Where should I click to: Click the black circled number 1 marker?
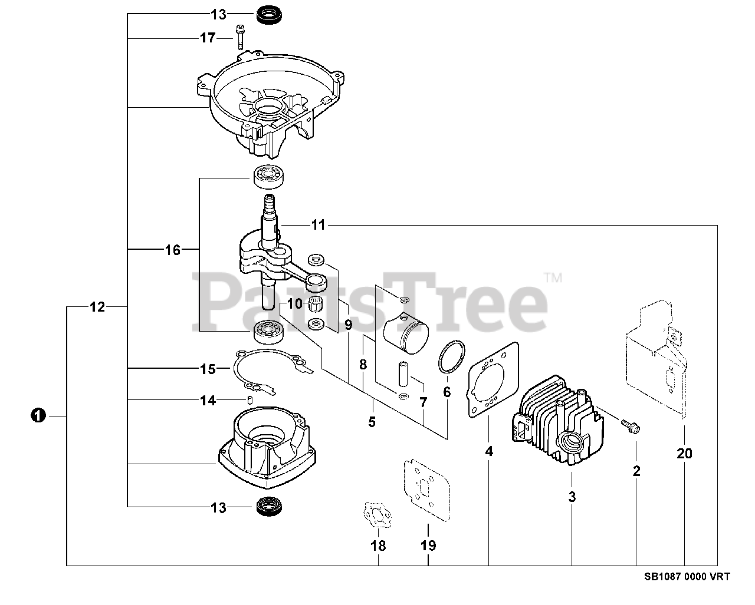coord(38,415)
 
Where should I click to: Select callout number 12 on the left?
coord(97,307)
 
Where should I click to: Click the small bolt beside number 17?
coord(240,37)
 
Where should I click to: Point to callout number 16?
coord(172,250)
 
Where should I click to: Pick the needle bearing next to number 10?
coord(317,305)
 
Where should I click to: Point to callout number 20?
coord(685,454)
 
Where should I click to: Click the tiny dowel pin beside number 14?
coord(250,401)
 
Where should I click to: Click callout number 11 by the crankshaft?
coord(319,225)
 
